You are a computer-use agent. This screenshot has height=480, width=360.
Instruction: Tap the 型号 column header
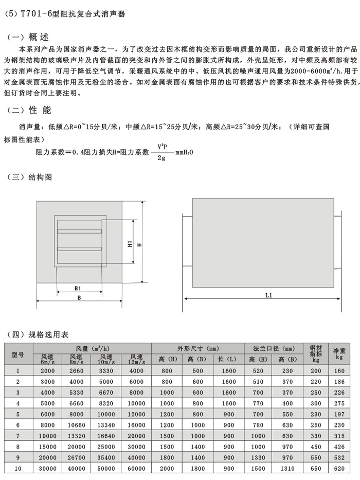point(18,354)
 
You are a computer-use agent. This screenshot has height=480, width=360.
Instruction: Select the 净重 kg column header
point(339,353)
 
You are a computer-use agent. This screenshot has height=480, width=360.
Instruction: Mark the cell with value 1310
point(289,469)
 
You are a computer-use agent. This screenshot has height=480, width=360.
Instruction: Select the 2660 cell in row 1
point(76,370)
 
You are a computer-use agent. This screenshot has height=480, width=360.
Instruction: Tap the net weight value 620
point(339,469)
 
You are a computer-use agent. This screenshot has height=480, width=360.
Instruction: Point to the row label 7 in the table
point(18,436)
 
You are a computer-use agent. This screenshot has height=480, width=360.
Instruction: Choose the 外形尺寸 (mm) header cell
point(198,348)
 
